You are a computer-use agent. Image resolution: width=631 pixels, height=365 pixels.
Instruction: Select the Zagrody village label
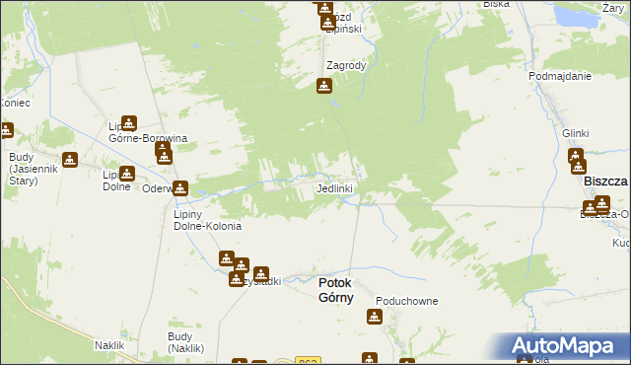click(x=346, y=66)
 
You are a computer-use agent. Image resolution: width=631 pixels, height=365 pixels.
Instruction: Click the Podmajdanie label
click(x=559, y=76)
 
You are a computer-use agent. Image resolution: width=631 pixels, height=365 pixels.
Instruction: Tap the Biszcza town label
click(x=605, y=182)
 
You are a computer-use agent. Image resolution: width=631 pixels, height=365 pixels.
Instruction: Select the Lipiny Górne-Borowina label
click(x=148, y=133)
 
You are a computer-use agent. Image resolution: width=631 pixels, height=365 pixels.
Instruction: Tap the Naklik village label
click(x=108, y=345)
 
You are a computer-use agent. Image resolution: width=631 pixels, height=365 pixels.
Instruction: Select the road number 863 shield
click(x=308, y=361)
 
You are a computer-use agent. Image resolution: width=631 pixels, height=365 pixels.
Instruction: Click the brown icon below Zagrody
click(x=324, y=87)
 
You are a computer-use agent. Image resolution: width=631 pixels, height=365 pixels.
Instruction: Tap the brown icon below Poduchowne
click(x=375, y=317)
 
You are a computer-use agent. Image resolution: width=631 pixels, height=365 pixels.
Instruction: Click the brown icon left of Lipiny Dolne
click(x=70, y=160)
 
